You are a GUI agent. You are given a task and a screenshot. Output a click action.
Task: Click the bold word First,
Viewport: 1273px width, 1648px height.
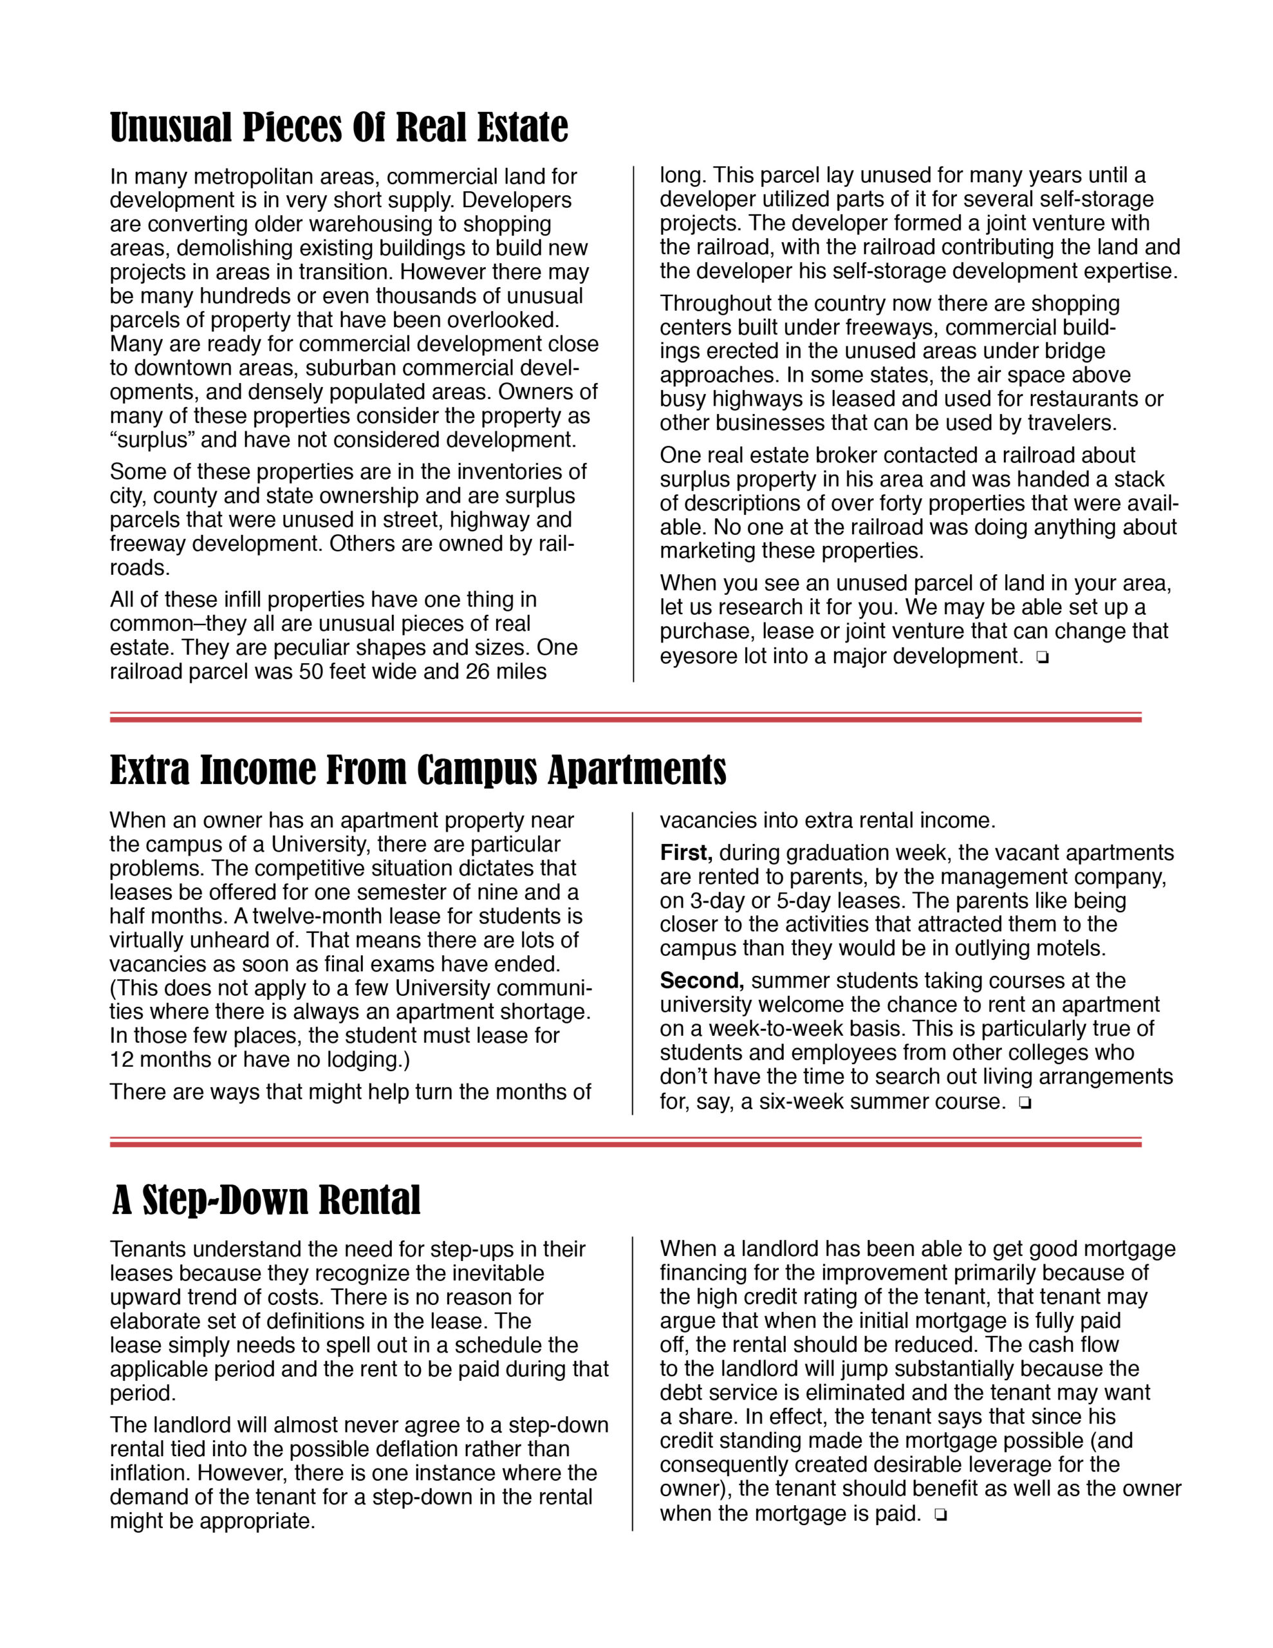(x=686, y=853)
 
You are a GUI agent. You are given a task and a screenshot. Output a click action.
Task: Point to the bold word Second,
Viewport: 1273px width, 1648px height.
(x=702, y=980)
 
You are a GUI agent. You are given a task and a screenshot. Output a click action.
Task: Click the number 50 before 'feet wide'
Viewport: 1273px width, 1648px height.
(x=311, y=671)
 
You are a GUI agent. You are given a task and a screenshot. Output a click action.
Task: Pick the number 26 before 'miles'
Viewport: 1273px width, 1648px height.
(x=478, y=671)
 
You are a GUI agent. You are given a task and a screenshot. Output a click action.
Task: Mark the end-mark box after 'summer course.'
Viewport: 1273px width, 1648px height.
(x=1024, y=1103)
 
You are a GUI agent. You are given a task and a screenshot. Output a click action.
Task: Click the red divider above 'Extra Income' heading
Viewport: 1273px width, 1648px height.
(x=625, y=718)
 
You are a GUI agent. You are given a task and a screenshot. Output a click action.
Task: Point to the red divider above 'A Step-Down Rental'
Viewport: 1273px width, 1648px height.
(x=625, y=1143)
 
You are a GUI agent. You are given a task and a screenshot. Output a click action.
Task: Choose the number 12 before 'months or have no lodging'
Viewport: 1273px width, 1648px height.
(x=122, y=1060)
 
